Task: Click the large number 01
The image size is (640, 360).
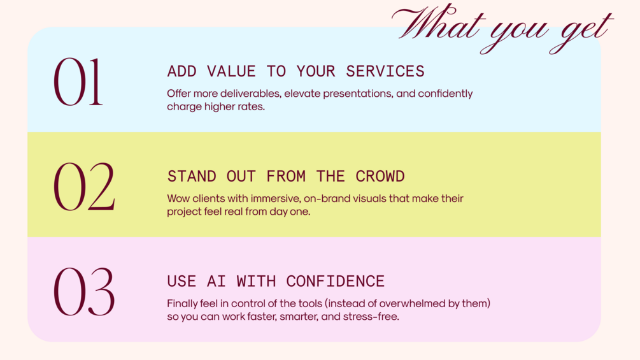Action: point(78,82)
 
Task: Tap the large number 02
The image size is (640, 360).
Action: point(84,187)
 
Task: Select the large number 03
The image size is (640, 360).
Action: point(84,291)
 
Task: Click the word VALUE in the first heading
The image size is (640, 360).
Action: point(231,71)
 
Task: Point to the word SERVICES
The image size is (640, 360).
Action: point(385,71)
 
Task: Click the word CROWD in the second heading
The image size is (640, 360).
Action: point(380,176)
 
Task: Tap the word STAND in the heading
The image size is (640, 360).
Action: point(192,176)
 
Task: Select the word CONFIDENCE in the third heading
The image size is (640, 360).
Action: point(336,281)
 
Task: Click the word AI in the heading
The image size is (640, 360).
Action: point(217,281)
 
